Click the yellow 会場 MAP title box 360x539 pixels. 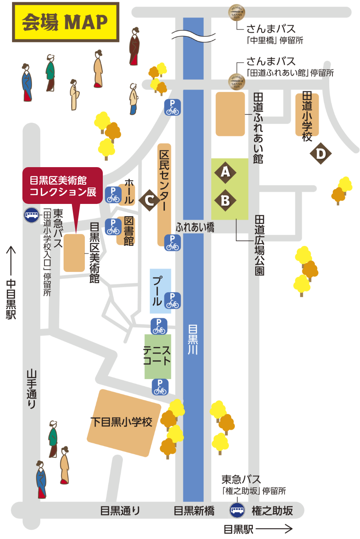click(66, 22)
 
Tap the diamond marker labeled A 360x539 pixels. click(225, 172)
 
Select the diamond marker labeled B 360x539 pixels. click(225, 200)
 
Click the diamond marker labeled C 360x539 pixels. click(150, 200)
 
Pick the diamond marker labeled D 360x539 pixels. click(320, 154)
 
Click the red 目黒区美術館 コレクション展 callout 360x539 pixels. click(63, 186)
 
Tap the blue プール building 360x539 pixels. click(160, 291)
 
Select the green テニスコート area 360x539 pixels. click(158, 356)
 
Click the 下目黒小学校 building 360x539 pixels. click(124, 422)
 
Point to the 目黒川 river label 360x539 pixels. click(193, 340)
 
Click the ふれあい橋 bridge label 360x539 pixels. click(195, 228)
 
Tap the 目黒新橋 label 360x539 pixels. click(194, 511)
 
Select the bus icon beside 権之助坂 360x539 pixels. click(237, 510)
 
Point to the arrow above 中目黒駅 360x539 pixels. click(11, 260)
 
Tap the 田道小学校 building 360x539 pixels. click(307, 115)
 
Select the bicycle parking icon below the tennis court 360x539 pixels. click(160, 387)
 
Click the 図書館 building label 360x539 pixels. click(128, 231)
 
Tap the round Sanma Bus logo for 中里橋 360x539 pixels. click(236, 12)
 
